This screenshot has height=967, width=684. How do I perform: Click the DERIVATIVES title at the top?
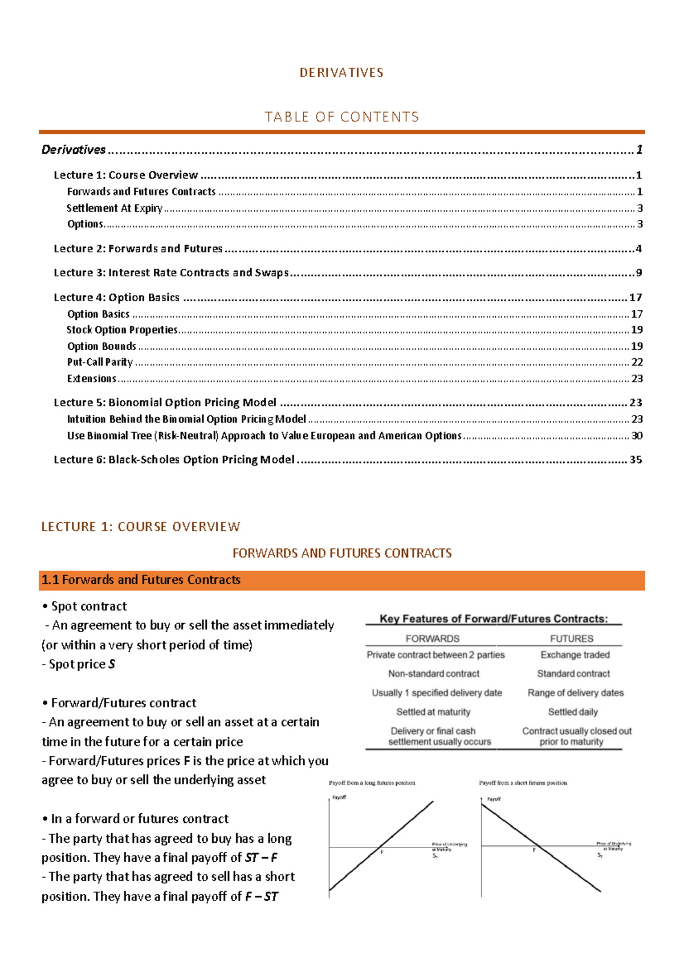point(341,73)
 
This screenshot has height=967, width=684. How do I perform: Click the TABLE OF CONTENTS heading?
point(341,117)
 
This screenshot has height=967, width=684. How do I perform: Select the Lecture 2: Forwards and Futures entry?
point(138,249)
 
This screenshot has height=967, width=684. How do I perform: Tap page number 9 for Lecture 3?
point(639,273)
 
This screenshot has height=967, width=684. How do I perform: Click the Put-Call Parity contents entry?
point(100,362)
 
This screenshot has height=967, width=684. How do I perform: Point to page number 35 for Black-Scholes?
point(636,460)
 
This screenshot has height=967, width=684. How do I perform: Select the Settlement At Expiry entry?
point(115,208)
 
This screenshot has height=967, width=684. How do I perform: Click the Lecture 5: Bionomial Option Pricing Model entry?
point(165,403)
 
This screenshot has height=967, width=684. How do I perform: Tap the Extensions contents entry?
point(92,379)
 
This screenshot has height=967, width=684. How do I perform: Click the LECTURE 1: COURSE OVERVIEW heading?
point(141,527)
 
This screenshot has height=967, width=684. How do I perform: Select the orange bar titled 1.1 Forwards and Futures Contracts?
point(341,580)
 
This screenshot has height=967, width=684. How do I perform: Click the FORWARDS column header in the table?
point(432,639)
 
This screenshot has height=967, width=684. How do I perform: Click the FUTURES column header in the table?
point(571,639)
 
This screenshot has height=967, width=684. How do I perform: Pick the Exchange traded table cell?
point(575,655)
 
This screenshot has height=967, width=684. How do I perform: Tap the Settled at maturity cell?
point(433,712)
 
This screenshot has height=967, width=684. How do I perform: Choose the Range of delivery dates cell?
point(575,693)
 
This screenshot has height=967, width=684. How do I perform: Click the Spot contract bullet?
point(88,607)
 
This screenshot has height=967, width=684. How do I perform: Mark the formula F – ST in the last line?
point(262,897)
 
